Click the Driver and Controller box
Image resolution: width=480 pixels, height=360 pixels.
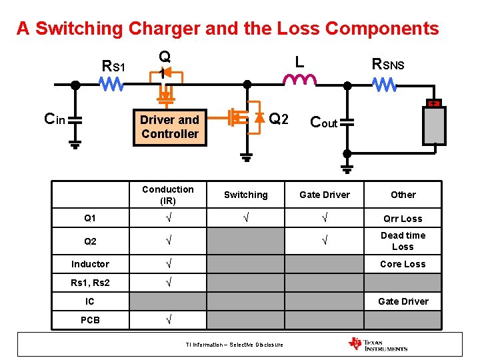coord(169,127)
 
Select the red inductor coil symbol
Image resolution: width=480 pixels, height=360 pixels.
coord(300,81)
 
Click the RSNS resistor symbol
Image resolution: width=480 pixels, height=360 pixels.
coord(385,85)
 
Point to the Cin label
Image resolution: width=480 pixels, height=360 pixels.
coord(54,119)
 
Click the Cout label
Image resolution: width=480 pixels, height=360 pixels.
coord(324,123)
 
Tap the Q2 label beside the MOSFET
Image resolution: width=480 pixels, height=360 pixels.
coord(279,119)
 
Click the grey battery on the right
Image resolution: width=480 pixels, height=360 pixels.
coord(434,125)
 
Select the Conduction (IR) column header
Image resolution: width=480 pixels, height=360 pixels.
coord(168,195)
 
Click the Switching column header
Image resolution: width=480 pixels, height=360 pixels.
coord(245,195)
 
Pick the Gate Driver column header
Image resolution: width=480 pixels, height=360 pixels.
coord(325,195)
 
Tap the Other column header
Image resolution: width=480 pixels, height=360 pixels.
coord(403,195)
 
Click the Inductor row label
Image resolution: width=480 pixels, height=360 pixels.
coord(90,264)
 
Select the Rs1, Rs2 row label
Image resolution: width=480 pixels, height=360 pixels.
coord(90,283)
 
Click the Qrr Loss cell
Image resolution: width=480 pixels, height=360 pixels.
coord(403,219)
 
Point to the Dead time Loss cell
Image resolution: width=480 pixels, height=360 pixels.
coord(403,241)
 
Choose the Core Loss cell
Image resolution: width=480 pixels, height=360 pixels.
coord(403,264)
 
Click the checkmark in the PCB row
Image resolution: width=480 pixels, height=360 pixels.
coord(168,320)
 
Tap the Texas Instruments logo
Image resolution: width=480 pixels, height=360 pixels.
coord(377,344)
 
